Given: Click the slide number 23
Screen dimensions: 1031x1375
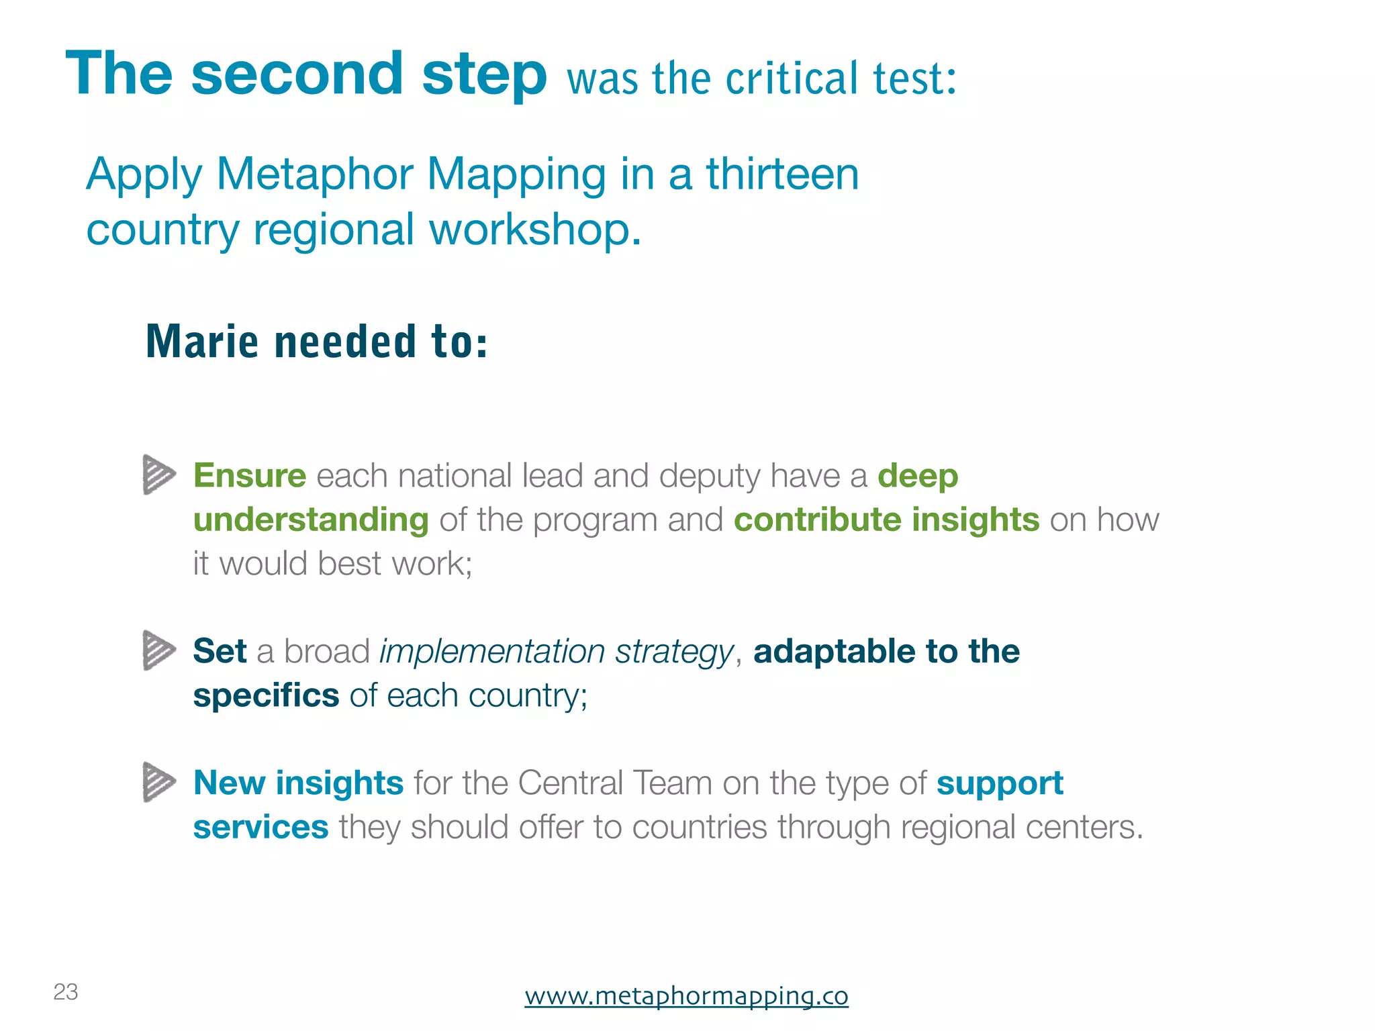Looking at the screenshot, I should (66, 991).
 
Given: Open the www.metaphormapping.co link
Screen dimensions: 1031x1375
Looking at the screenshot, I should (686, 995).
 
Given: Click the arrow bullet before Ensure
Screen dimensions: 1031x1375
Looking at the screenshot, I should (159, 475).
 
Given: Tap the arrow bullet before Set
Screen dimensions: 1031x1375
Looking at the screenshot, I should (159, 650).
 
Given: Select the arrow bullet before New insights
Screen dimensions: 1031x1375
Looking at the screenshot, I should (159, 782).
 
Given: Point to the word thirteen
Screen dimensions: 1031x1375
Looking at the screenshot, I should (782, 174).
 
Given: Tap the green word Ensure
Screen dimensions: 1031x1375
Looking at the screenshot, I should (250, 476).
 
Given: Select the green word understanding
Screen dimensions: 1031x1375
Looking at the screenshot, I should (311, 520).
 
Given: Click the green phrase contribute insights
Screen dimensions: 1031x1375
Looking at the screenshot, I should (886, 520).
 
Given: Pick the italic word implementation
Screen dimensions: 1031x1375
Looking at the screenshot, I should (492, 652).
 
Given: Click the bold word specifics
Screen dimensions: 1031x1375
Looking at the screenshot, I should (266, 695).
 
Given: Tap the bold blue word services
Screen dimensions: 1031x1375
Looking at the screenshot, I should (260, 827).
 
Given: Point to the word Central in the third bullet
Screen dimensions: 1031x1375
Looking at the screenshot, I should (571, 783).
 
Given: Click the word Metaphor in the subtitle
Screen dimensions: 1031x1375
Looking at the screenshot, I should (314, 174).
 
